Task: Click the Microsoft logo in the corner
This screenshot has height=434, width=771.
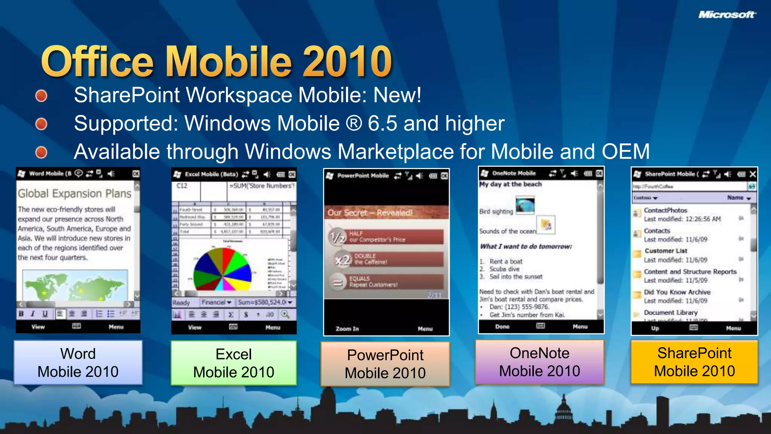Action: tap(727, 15)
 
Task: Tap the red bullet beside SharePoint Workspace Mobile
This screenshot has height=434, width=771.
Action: tap(41, 96)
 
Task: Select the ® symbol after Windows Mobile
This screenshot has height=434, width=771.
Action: tap(354, 123)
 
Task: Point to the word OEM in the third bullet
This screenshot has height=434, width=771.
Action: tap(625, 151)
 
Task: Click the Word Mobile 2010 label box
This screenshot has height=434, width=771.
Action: tap(78, 362)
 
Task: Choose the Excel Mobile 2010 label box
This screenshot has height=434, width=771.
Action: tap(233, 363)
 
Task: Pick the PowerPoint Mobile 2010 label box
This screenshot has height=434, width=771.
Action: tap(385, 364)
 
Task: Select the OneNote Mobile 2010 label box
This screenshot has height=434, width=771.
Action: tap(539, 362)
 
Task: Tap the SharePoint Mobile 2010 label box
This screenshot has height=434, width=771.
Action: tap(694, 362)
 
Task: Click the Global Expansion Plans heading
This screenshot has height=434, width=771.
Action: tap(75, 194)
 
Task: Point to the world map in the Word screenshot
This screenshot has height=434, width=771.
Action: tap(75, 286)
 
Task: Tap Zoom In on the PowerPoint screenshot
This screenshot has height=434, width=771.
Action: tap(347, 329)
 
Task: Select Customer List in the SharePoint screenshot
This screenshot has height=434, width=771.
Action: tap(666, 251)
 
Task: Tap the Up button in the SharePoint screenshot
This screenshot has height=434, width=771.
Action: tap(655, 328)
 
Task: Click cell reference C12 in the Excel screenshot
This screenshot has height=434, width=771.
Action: tap(182, 186)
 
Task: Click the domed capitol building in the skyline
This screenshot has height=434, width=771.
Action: tap(564, 414)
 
